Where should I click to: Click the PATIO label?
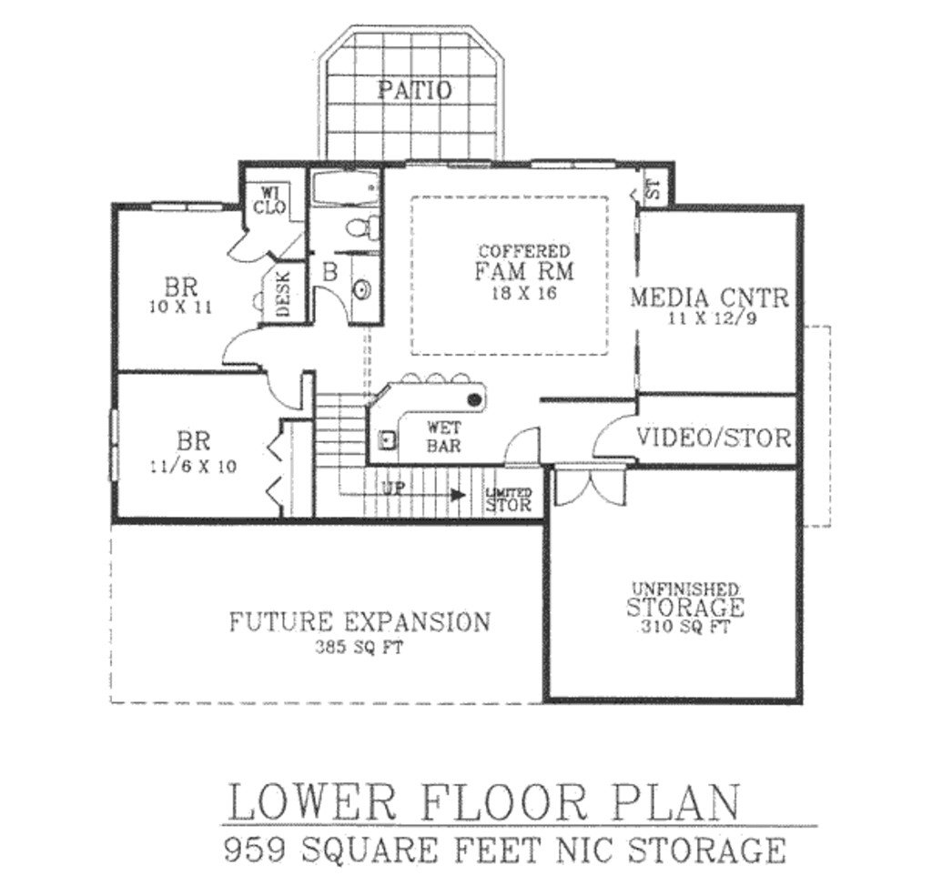tap(414, 90)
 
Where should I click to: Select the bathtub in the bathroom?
tap(345, 190)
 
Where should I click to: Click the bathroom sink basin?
tap(362, 290)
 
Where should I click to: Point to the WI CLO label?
tap(272, 199)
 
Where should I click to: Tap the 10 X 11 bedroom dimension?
tap(180, 307)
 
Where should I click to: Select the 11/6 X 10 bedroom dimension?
tap(193, 467)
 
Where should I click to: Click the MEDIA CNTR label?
tap(710, 297)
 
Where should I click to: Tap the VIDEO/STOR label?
tap(714, 438)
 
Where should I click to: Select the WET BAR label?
tap(443, 437)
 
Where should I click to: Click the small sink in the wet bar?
tap(387, 441)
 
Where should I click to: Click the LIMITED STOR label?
tap(509, 500)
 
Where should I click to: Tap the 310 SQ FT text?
tap(684, 628)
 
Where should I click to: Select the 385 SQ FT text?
tap(360, 649)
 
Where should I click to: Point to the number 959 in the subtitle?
tap(257, 851)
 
